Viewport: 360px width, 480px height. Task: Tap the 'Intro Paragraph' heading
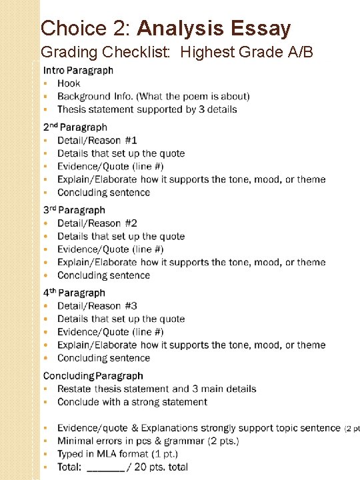click(x=78, y=70)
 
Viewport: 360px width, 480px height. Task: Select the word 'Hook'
click(x=69, y=83)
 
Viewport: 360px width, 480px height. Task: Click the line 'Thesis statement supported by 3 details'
click(x=147, y=109)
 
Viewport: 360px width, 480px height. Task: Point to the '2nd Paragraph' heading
click(x=75, y=127)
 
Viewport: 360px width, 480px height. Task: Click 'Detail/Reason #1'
click(x=97, y=140)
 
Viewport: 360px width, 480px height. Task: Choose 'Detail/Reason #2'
click(x=97, y=223)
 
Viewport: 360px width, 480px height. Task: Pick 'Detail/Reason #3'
click(x=97, y=306)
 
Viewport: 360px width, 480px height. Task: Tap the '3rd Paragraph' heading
click(x=74, y=210)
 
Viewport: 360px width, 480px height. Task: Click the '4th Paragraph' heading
click(x=74, y=293)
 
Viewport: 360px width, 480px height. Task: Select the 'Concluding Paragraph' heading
click(x=93, y=376)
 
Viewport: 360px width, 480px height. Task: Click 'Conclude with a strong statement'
click(x=132, y=402)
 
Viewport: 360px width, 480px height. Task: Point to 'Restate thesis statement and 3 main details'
click(x=157, y=389)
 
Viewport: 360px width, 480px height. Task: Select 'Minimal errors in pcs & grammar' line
click(x=148, y=441)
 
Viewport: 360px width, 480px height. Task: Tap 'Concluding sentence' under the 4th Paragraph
click(x=103, y=358)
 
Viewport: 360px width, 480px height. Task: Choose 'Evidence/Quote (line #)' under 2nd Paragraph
click(x=110, y=166)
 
